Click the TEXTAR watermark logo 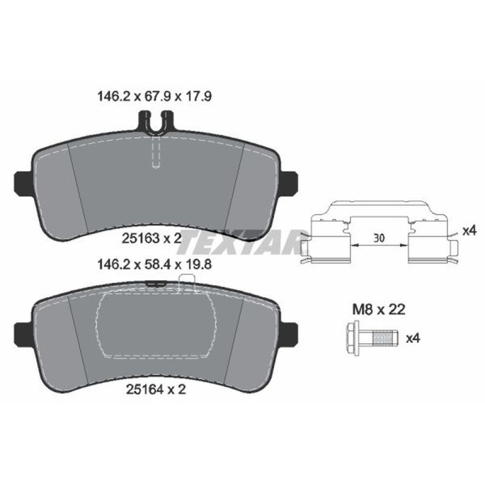[238, 242]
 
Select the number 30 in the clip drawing [379, 238]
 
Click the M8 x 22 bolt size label [378, 308]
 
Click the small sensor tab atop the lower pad [186, 282]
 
